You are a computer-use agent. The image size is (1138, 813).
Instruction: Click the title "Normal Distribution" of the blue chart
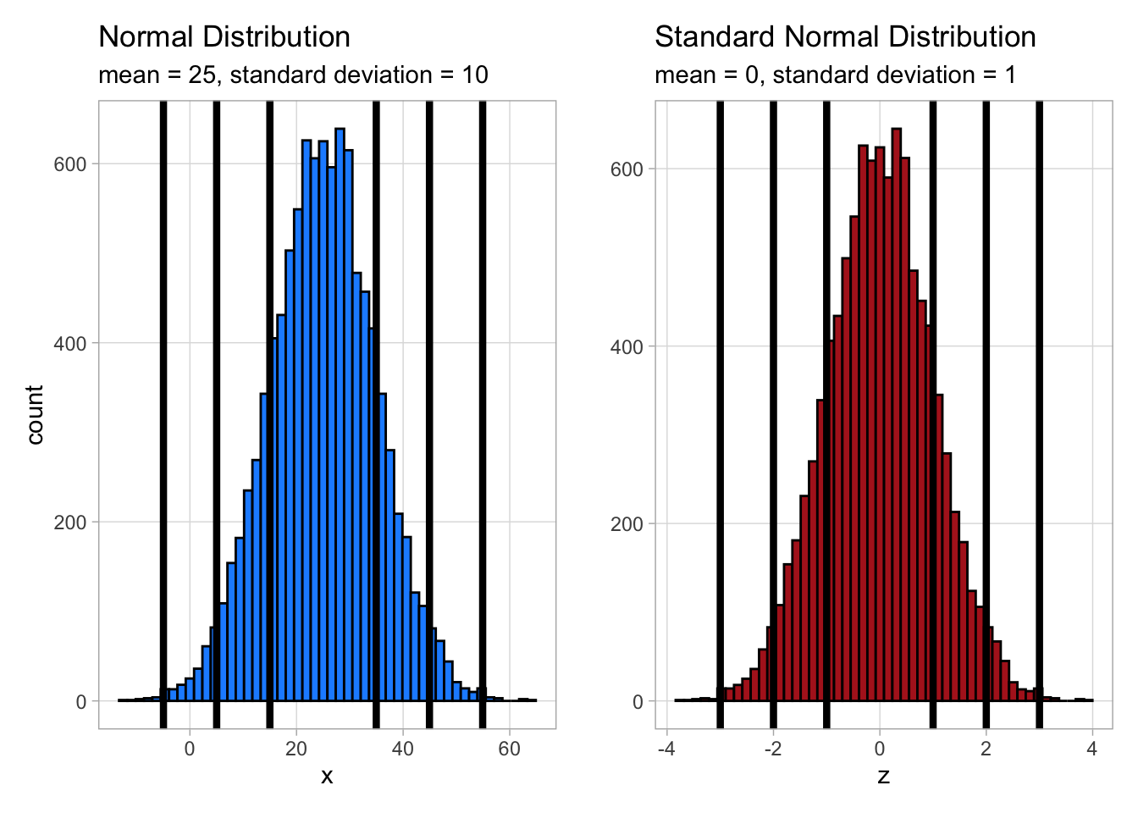tap(224, 37)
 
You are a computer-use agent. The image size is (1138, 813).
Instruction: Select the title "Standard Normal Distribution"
tap(845, 37)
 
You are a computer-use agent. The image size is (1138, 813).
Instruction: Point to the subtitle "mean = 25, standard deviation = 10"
tap(293, 75)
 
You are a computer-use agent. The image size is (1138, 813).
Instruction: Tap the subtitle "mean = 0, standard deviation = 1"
tap(835, 75)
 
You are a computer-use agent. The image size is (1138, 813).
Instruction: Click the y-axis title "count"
tap(35, 414)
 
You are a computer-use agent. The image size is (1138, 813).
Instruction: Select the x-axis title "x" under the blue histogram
tap(327, 776)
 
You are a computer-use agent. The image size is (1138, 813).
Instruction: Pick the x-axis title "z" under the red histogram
tap(883, 776)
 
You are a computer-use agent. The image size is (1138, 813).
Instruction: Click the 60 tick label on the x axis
tap(509, 749)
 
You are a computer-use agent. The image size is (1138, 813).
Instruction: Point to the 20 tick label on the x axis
tap(296, 749)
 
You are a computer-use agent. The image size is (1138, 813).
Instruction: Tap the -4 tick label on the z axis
tap(666, 749)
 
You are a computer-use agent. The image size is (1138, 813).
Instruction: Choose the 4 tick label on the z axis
tap(1092, 749)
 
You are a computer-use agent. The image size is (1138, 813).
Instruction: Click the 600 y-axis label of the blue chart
tap(70, 164)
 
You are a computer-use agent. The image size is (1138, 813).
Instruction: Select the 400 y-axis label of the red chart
tap(627, 346)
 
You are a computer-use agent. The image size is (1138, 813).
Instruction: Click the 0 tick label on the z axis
tap(880, 749)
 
